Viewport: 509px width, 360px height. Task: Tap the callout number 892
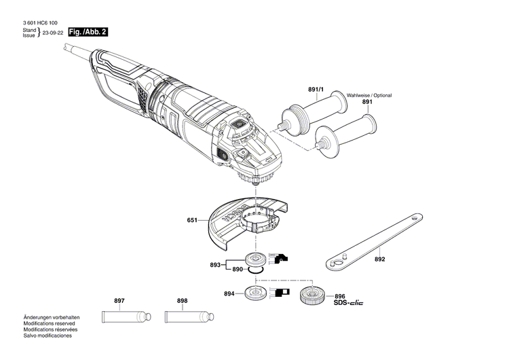click(379, 259)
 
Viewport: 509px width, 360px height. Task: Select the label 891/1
click(316, 89)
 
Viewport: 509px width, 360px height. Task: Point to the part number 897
click(119, 301)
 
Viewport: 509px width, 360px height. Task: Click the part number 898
click(182, 301)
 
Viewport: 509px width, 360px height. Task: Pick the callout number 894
click(229, 293)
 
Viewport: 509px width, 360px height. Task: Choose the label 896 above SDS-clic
click(339, 295)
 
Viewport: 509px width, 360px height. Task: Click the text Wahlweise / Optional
click(369, 95)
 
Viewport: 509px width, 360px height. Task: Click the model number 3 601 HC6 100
click(39, 22)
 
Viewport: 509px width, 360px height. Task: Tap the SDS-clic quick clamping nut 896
click(313, 295)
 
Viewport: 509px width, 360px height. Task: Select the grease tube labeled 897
click(126, 317)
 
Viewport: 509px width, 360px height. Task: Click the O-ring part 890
click(255, 270)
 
